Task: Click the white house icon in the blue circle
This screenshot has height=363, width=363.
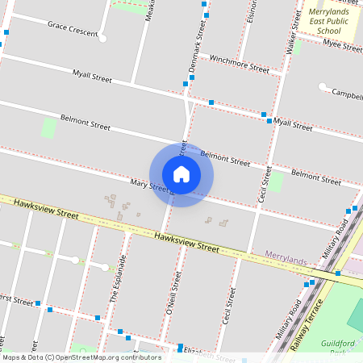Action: click(x=181, y=174)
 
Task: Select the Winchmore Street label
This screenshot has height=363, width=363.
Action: click(x=239, y=64)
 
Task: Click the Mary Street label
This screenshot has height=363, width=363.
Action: click(x=150, y=186)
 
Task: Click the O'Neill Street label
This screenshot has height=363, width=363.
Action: click(x=170, y=292)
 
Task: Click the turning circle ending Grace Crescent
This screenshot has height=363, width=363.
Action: click(x=103, y=37)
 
